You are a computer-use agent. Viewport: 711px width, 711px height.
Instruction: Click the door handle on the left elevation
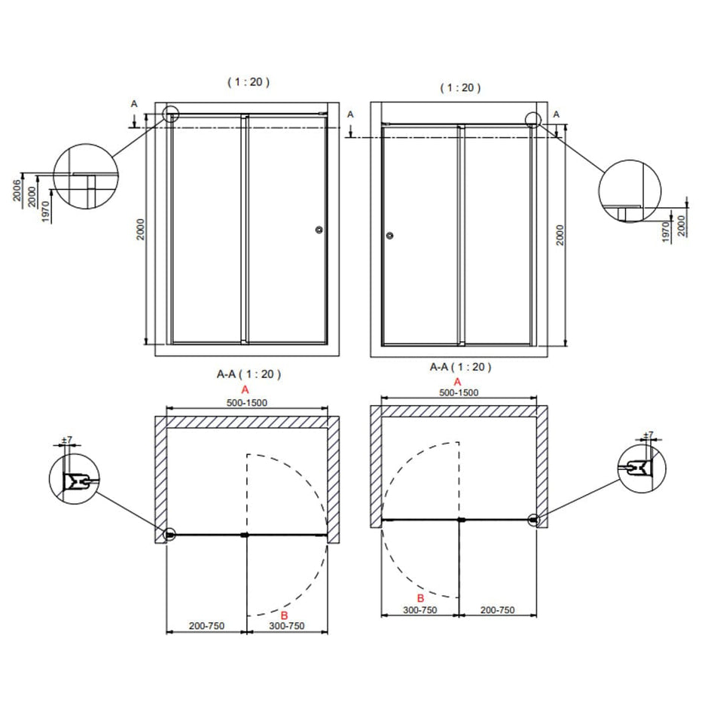coord(319,230)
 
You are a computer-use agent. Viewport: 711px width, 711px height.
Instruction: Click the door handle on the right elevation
coord(389,235)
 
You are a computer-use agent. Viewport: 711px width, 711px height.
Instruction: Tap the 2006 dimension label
coord(17,191)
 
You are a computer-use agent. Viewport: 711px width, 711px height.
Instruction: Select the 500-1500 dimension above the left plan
coord(247,403)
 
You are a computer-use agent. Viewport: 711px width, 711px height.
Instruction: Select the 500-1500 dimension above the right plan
coord(459,392)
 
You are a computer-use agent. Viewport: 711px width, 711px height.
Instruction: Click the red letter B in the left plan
coord(284,615)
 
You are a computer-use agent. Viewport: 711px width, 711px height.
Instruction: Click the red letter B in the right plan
coord(420,598)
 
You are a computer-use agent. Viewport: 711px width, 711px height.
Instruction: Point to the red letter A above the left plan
coord(246,389)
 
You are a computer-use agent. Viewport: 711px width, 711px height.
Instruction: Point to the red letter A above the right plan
coord(457,382)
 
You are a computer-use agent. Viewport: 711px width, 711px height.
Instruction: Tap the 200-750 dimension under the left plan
coord(207,626)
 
